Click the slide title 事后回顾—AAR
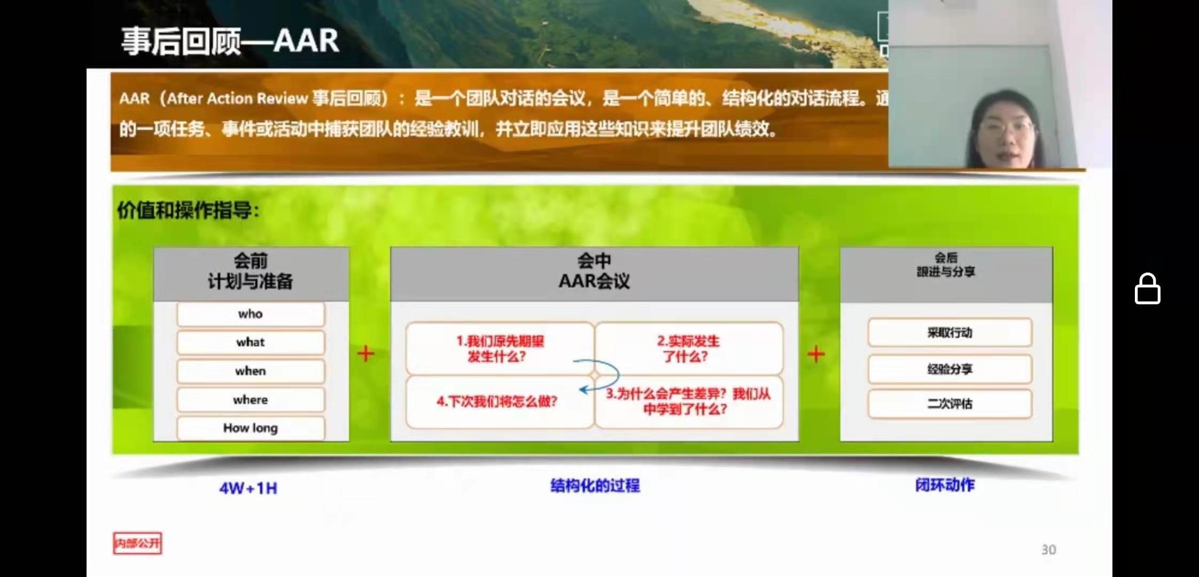coord(230,41)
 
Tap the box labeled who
coord(251,314)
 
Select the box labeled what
coord(251,342)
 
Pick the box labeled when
coord(251,371)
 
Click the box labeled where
coord(251,400)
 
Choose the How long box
coord(251,428)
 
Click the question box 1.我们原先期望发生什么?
coord(500,348)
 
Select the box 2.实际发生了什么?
coord(688,348)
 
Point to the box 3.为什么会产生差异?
coord(688,401)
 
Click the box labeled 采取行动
coord(949,333)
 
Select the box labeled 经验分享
coord(949,369)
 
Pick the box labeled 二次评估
coord(949,404)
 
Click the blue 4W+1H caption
coord(248,488)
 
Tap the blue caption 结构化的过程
coord(595,486)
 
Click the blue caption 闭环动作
coord(945,485)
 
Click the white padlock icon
coord(1147,289)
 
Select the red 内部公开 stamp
coord(137,543)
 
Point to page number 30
coord(1048,550)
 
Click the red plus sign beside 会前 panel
coord(366,354)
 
